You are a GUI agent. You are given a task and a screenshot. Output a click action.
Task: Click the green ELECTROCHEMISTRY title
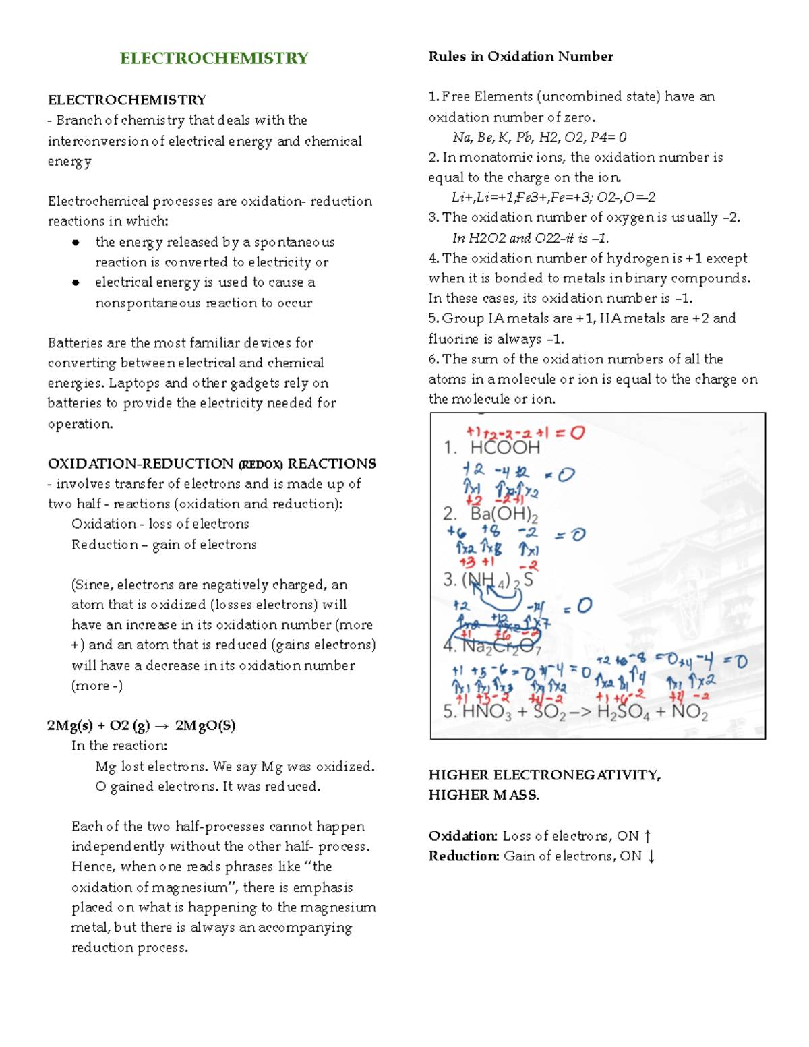[214, 58]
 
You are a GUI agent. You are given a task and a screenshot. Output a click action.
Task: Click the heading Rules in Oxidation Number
[520, 57]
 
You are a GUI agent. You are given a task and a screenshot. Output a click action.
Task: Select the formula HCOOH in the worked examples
[505, 448]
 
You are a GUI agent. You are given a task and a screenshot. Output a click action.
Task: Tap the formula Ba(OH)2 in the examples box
[504, 514]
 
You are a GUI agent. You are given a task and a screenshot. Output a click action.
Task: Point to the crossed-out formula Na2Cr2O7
[501, 646]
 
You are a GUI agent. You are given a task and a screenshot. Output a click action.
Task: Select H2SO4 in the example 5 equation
[623, 712]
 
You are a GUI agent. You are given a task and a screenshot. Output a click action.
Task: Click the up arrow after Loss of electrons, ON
[648, 836]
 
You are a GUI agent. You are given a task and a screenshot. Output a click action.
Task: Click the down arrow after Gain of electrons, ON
[651, 856]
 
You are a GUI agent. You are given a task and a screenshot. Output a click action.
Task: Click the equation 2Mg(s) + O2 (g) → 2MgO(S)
[141, 726]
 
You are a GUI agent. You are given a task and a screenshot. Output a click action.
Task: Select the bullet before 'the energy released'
[76, 242]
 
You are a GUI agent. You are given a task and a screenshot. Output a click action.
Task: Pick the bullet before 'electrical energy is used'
[76, 282]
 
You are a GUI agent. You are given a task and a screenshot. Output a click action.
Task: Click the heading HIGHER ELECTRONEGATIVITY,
[544, 775]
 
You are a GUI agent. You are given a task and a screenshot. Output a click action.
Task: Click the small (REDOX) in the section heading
[260, 465]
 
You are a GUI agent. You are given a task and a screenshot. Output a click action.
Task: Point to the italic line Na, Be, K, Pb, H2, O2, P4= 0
[539, 138]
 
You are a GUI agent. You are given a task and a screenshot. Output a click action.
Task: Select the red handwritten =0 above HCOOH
[570, 433]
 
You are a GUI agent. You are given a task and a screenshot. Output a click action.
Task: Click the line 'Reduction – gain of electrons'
[164, 545]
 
